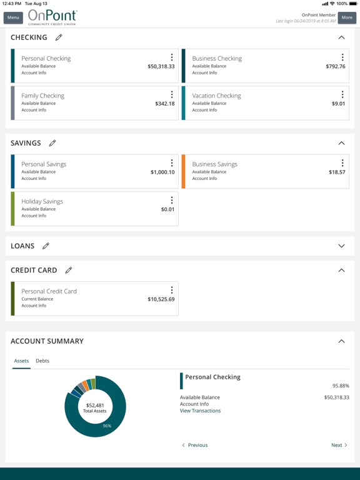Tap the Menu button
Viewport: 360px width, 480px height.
click(x=13, y=17)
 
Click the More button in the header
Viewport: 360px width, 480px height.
click(x=347, y=17)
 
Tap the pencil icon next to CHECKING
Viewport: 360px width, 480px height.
click(x=59, y=37)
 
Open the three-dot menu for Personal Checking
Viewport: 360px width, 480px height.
click(x=172, y=57)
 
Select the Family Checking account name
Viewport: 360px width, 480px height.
click(x=42, y=96)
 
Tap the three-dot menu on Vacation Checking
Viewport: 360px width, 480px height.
click(x=342, y=95)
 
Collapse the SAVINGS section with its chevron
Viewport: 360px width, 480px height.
click(x=341, y=143)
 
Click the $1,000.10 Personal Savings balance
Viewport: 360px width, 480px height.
click(x=162, y=172)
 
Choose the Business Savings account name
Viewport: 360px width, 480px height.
click(x=214, y=164)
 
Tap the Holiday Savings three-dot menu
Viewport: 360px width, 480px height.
click(x=172, y=201)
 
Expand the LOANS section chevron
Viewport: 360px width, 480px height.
click(x=341, y=246)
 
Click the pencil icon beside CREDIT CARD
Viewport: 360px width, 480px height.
click(x=69, y=271)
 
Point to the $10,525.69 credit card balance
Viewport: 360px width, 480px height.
click(x=161, y=299)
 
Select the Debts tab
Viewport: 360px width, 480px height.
click(x=42, y=361)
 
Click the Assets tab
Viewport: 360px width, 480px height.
click(x=21, y=361)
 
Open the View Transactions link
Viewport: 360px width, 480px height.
click(x=200, y=411)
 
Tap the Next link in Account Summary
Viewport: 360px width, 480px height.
click(x=339, y=445)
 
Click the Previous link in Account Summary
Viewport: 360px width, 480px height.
click(x=195, y=445)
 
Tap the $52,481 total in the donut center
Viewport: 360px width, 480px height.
click(x=95, y=405)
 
